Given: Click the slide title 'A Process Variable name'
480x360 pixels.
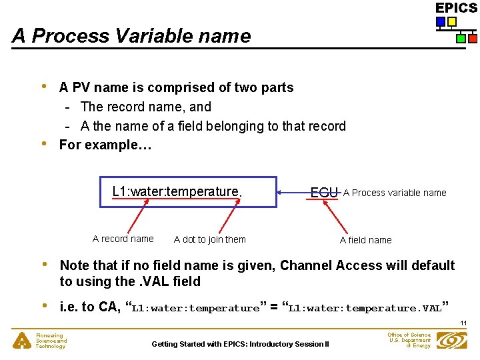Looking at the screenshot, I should (x=131, y=36).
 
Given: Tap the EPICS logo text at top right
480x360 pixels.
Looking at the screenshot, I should (x=456, y=8).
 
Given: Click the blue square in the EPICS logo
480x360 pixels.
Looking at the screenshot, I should (x=441, y=22).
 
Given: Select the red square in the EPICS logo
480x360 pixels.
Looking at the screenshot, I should (x=473, y=39).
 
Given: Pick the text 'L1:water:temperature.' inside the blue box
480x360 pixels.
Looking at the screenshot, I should (x=177, y=192).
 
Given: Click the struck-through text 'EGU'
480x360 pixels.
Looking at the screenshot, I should (x=325, y=193).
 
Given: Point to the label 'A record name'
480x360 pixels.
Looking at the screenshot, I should (x=123, y=239).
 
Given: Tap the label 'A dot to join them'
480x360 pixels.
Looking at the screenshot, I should (x=209, y=239).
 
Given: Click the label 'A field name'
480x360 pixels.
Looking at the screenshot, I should (x=365, y=240).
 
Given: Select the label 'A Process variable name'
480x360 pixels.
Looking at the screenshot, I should (x=395, y=193).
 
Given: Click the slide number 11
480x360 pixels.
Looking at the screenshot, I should (x=463, y=323).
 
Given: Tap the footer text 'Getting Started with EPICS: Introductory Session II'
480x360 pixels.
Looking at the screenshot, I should (x=240, y=344).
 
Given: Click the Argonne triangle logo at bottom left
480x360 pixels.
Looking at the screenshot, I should (x=23, y=341).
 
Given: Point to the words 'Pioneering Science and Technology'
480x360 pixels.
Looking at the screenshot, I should (x=51, y=341).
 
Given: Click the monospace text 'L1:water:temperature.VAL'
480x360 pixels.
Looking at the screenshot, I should (x=365, y=309).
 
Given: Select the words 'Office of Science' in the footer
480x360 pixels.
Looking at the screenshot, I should (x=409, y=335).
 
